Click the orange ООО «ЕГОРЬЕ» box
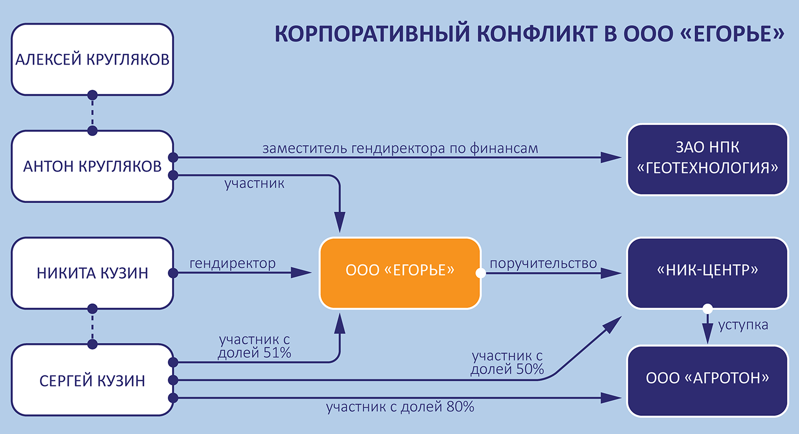pyautogui.click(x=400, y=272)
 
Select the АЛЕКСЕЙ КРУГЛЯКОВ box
pyautogui.click(x=92, y=59)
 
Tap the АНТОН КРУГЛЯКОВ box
pyautogui.click(x=92, y=166)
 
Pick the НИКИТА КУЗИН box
pyautogui.click(x=92, y=273)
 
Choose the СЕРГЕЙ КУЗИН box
pyautogui.click(x=92, y=380)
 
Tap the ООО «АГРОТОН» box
pyautogui.click(x=707, y=379)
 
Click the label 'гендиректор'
pyautogui.click(x=233, y=263)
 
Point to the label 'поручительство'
pyautogui.click(x=543, y=263)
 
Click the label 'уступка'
pyautogui.click(x=743, y=325)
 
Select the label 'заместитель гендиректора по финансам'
pyautogui.click(x=400, y=148)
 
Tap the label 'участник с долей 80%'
pyautogui.click(x=400, y=407)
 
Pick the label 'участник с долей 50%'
pyautogui.click(x=507, y=363)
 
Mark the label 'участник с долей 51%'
pyautogui.click(x=255, y=346)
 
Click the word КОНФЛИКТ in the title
pyautogui.click(x=537, y=34)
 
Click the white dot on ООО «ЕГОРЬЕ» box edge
pyautogui.click(x=480, y=273)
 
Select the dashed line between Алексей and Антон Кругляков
pyautogui.click(x=92, y=113)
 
